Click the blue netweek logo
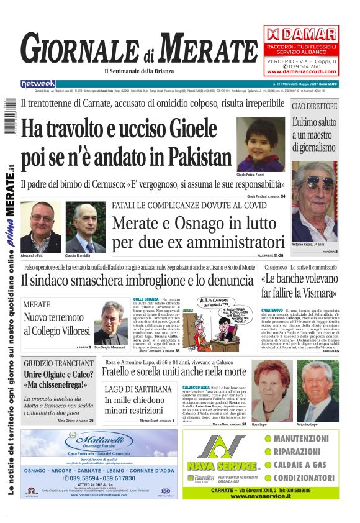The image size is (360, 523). [38, 84]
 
